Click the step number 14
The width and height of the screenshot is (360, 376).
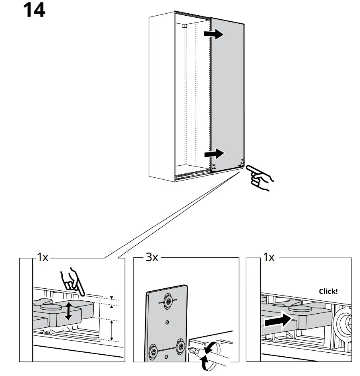pos(34,11)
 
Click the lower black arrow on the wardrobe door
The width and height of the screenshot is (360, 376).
pos(213,153)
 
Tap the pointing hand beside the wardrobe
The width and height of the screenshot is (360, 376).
pos(260,178)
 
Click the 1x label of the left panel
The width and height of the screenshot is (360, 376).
pos(42,257)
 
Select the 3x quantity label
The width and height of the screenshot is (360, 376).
pos(152,257)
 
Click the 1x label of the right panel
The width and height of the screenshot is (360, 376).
pos(268,257)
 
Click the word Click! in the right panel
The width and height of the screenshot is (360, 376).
pos(328,291)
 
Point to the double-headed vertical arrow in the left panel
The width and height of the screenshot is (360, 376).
pos(69,311)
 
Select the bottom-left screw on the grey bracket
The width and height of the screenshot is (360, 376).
pos(153,351)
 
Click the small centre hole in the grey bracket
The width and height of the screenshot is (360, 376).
pos(167,322)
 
